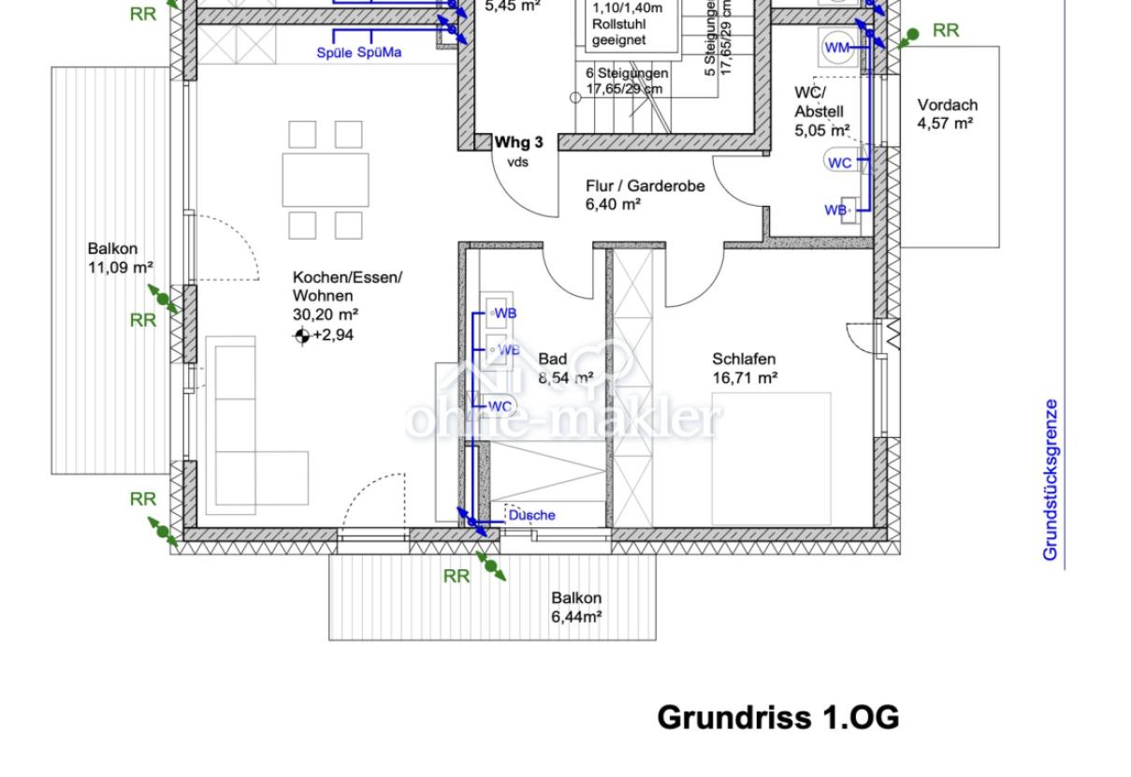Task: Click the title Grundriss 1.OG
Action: (777, 717)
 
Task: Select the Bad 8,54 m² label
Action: (565, 368)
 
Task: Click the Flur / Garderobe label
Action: (645, 195)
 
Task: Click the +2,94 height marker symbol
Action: (301, 336)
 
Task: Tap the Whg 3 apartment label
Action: (518, 142)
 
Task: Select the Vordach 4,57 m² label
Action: (946, 113)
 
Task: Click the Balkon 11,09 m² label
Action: (120, 257)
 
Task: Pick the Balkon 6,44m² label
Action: (576, 607)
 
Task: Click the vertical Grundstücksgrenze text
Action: (1051, 479)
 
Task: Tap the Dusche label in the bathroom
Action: (531, 515)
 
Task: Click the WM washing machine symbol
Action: (837, 48)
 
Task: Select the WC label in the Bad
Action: (500, 406)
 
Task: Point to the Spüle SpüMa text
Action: (359, 52)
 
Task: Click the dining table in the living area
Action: (325, 180)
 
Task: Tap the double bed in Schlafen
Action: (771, 459)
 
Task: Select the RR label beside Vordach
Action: (945, 30)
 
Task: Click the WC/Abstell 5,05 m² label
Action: (821, 111)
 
